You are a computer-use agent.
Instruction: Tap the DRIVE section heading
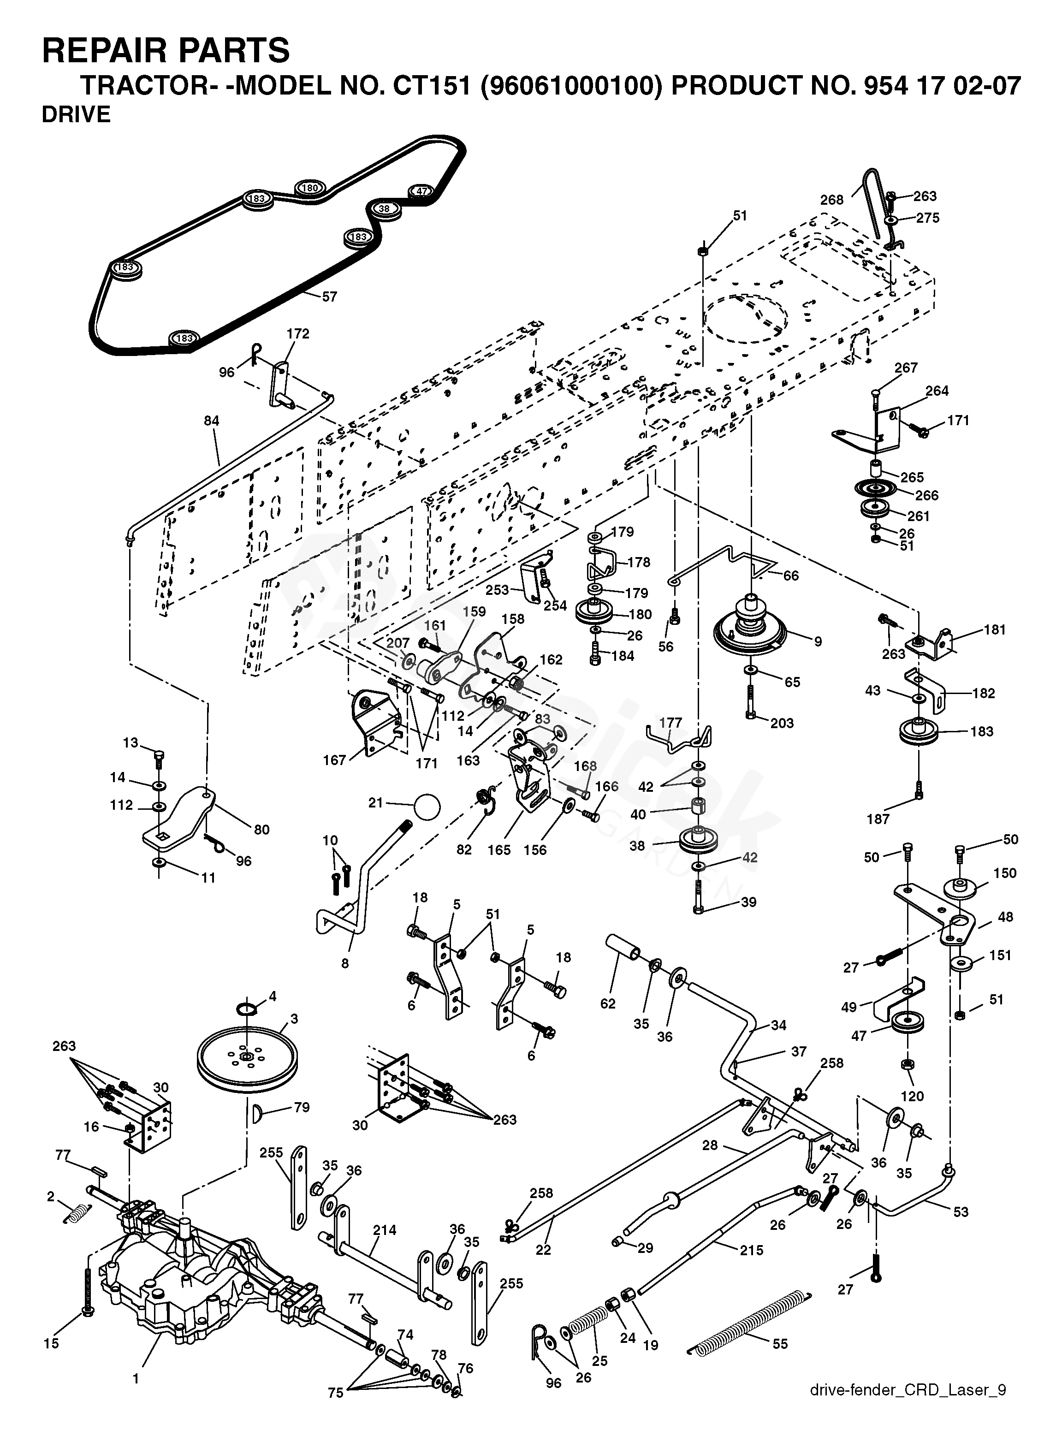point(76,114)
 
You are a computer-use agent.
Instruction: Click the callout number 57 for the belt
point(329,297)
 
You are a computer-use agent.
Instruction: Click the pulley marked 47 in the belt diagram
point(421,191)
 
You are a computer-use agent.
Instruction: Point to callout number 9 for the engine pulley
point(818,641)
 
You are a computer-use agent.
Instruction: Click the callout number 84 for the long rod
point(212,421)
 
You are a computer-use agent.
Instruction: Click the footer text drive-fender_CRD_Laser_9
point(908,1390)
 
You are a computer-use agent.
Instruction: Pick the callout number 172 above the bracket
point(297,334)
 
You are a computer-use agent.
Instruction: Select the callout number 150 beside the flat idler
point(1005,873)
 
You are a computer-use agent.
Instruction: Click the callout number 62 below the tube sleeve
point(607,1003)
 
